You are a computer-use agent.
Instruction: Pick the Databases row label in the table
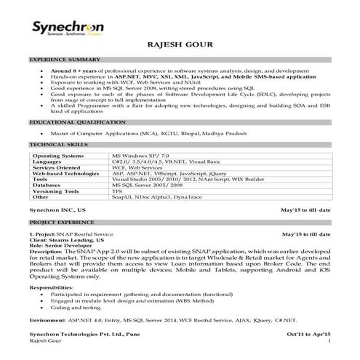click(x=49, y=185)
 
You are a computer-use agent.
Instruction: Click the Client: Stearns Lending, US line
click(x=66, y=240)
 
